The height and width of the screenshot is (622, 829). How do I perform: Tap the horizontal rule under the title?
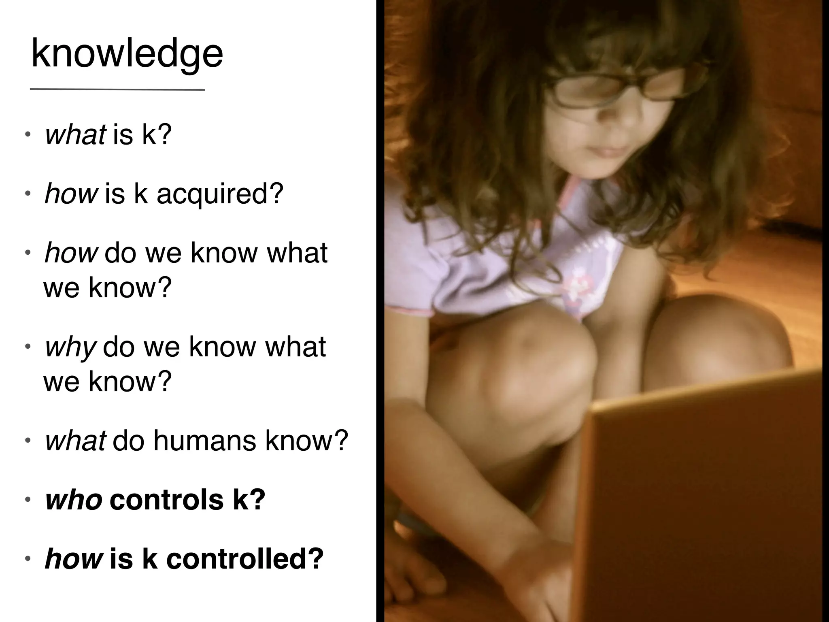click(x=117, y=89)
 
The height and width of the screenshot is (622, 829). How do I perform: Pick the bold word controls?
click(x=166, y=500)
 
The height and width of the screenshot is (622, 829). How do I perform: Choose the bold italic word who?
click(x=74, y=500)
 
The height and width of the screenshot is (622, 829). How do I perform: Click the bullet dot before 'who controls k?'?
click(x=28, y=501)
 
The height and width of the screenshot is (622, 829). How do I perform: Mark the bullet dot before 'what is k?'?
click(x=28, y=135)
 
